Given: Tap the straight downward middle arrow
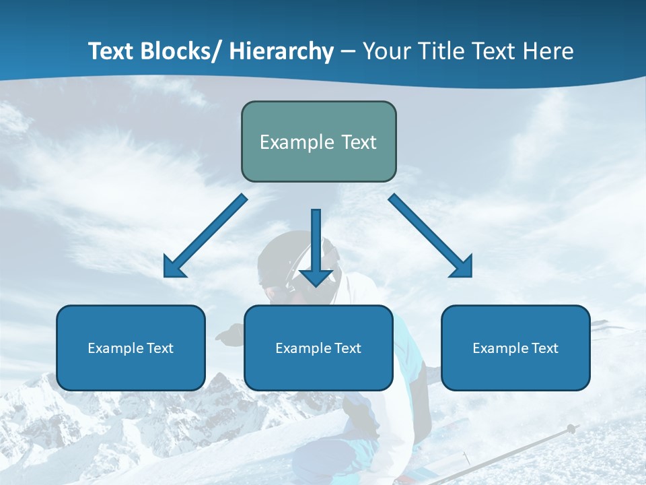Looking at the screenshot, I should click(x=316, y=247).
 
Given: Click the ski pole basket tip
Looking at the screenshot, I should click(x=571, y=428).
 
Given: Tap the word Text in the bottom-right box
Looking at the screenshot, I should click(x=544, y=348).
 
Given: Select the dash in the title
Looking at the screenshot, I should click(x=348, y=51).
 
